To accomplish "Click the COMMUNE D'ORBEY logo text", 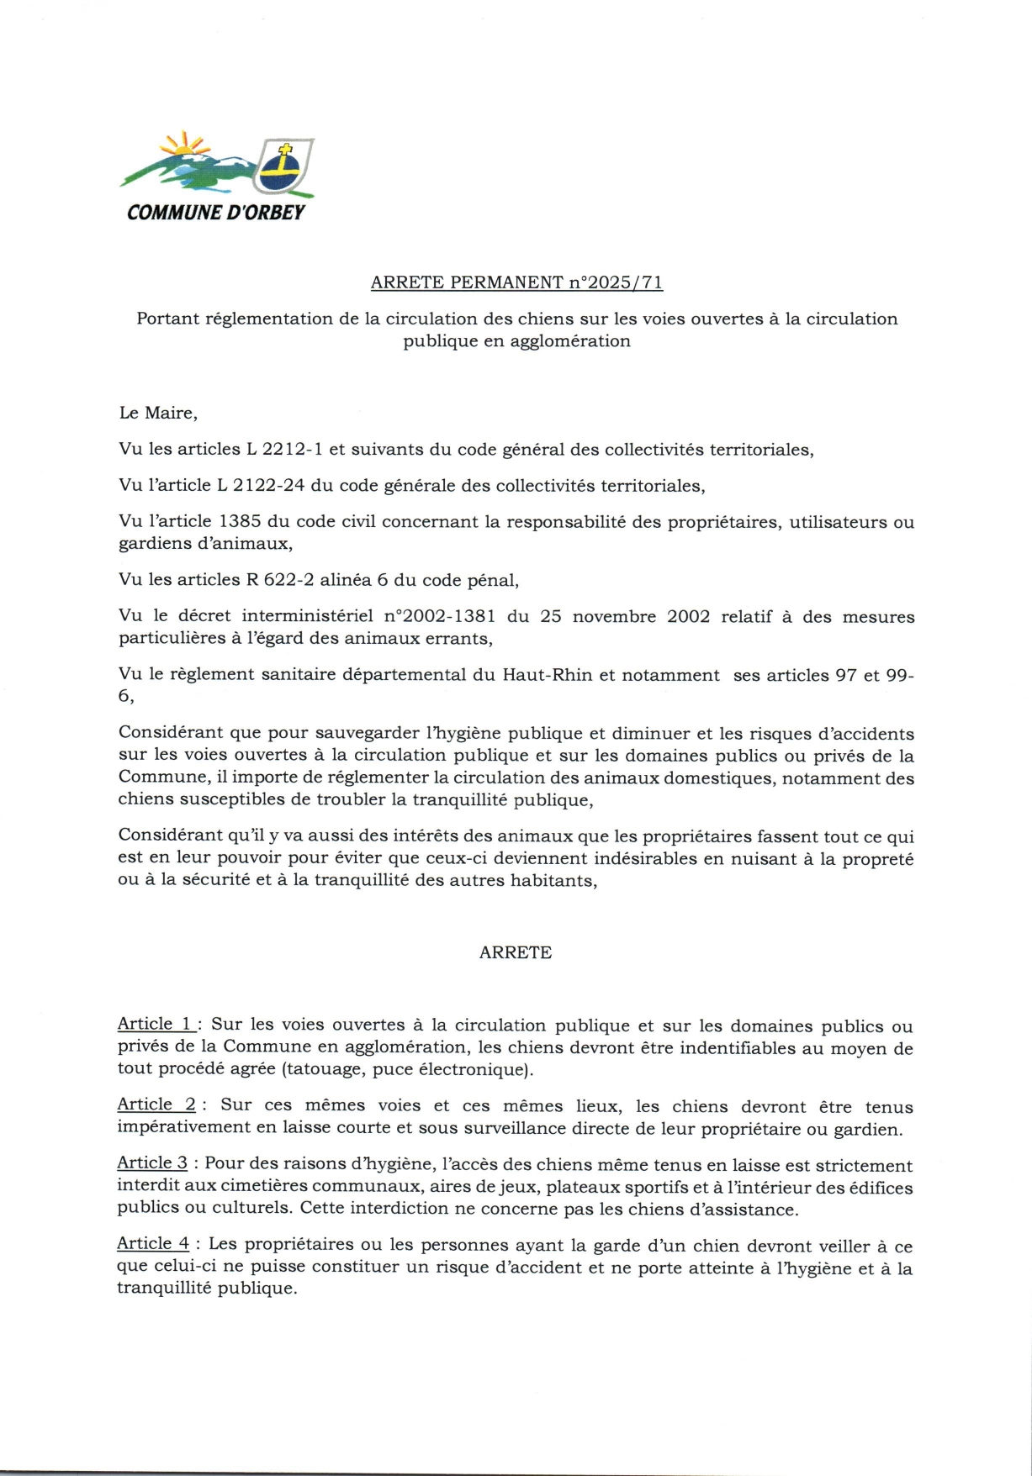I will coord(216,212).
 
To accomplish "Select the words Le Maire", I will coord(158,413).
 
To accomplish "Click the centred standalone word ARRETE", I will coord(515,952).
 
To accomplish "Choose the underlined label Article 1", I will coord(156,1024).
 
